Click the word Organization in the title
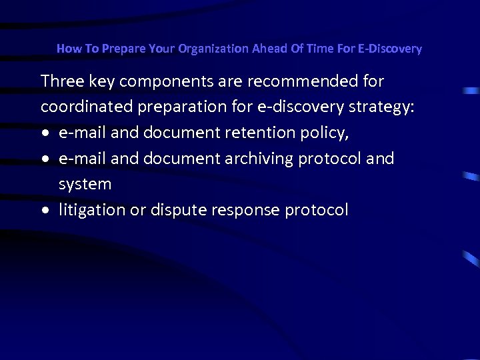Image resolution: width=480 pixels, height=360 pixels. click(x=211, y=49)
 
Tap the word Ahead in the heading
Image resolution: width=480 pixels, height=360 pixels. click(x=270, y=49)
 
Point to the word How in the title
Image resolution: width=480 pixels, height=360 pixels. click(x=67, y=49)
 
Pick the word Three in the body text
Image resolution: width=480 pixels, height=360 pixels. click(x=62, y=81)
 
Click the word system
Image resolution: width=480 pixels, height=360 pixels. click(x=85, y=184)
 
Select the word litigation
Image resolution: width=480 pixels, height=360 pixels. click(x=90, y=210)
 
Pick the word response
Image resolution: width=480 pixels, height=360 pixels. click(x=243, y=210)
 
